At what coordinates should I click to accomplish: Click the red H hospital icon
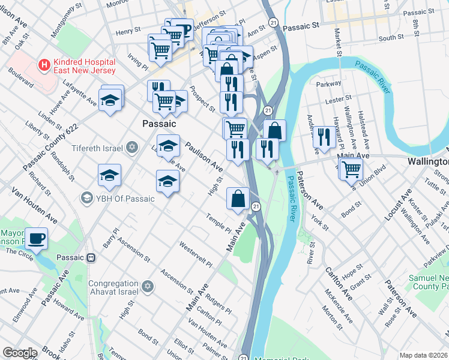(43, 64)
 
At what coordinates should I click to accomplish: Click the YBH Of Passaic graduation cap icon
(87, 198)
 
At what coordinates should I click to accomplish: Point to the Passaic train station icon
(91, 257)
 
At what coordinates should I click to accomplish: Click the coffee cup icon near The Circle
(37, 239)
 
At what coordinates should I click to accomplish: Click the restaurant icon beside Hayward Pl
(324, 137)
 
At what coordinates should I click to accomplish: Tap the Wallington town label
(428, 162)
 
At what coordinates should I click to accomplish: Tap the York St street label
(319, 221)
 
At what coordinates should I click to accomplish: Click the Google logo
(19, 353)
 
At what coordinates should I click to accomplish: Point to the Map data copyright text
(423, 355)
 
